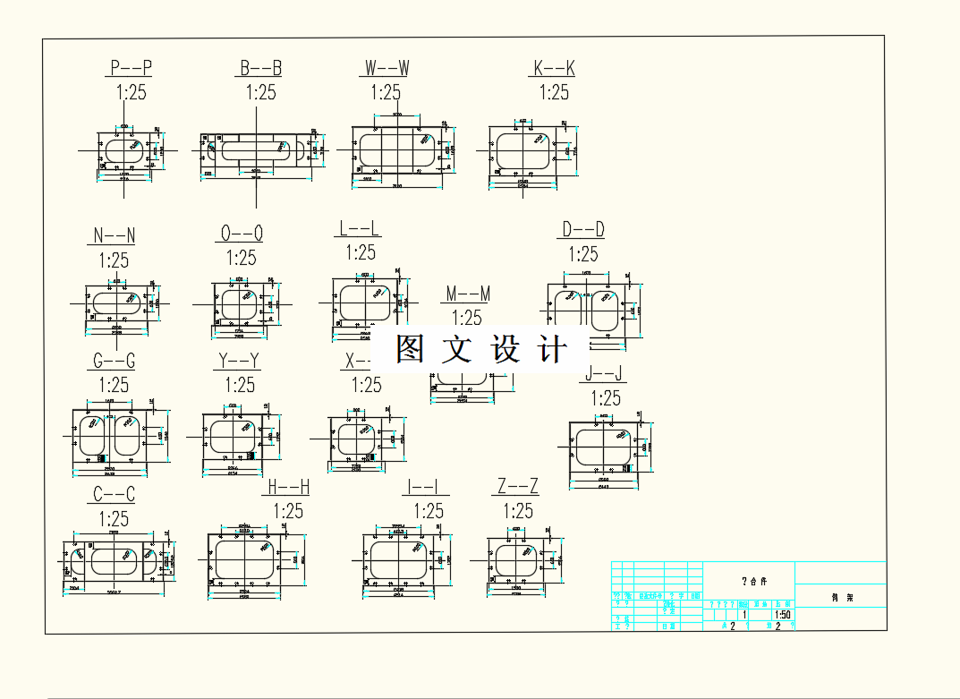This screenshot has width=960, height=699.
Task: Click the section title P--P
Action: (131, 68)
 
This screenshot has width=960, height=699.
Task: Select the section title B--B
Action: (260, 68)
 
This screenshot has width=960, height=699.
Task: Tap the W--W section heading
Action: (387, 68)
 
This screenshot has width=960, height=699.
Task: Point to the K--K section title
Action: (554, 68)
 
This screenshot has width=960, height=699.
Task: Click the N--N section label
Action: (114, 236)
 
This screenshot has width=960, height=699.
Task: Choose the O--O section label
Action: (241, 234)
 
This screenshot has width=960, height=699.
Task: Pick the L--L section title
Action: (360, 228)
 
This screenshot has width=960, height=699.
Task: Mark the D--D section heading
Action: (582, 230)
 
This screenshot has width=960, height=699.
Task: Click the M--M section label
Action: (468, 294)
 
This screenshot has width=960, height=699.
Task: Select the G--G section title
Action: (114, 362)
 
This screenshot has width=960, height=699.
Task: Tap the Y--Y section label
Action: (239, 362)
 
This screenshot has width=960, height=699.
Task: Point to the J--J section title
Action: (605, 374)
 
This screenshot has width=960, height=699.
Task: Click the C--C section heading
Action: (114, 495)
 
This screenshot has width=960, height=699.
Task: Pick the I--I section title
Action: (427, 487)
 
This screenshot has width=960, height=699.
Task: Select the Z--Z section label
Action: (517, 487)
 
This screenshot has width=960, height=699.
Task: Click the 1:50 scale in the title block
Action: (782, 615)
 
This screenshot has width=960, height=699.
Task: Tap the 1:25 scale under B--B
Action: (260, 92)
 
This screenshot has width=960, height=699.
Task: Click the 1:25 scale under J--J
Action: (605, 398)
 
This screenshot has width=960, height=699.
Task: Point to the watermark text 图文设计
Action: (481, 349)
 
